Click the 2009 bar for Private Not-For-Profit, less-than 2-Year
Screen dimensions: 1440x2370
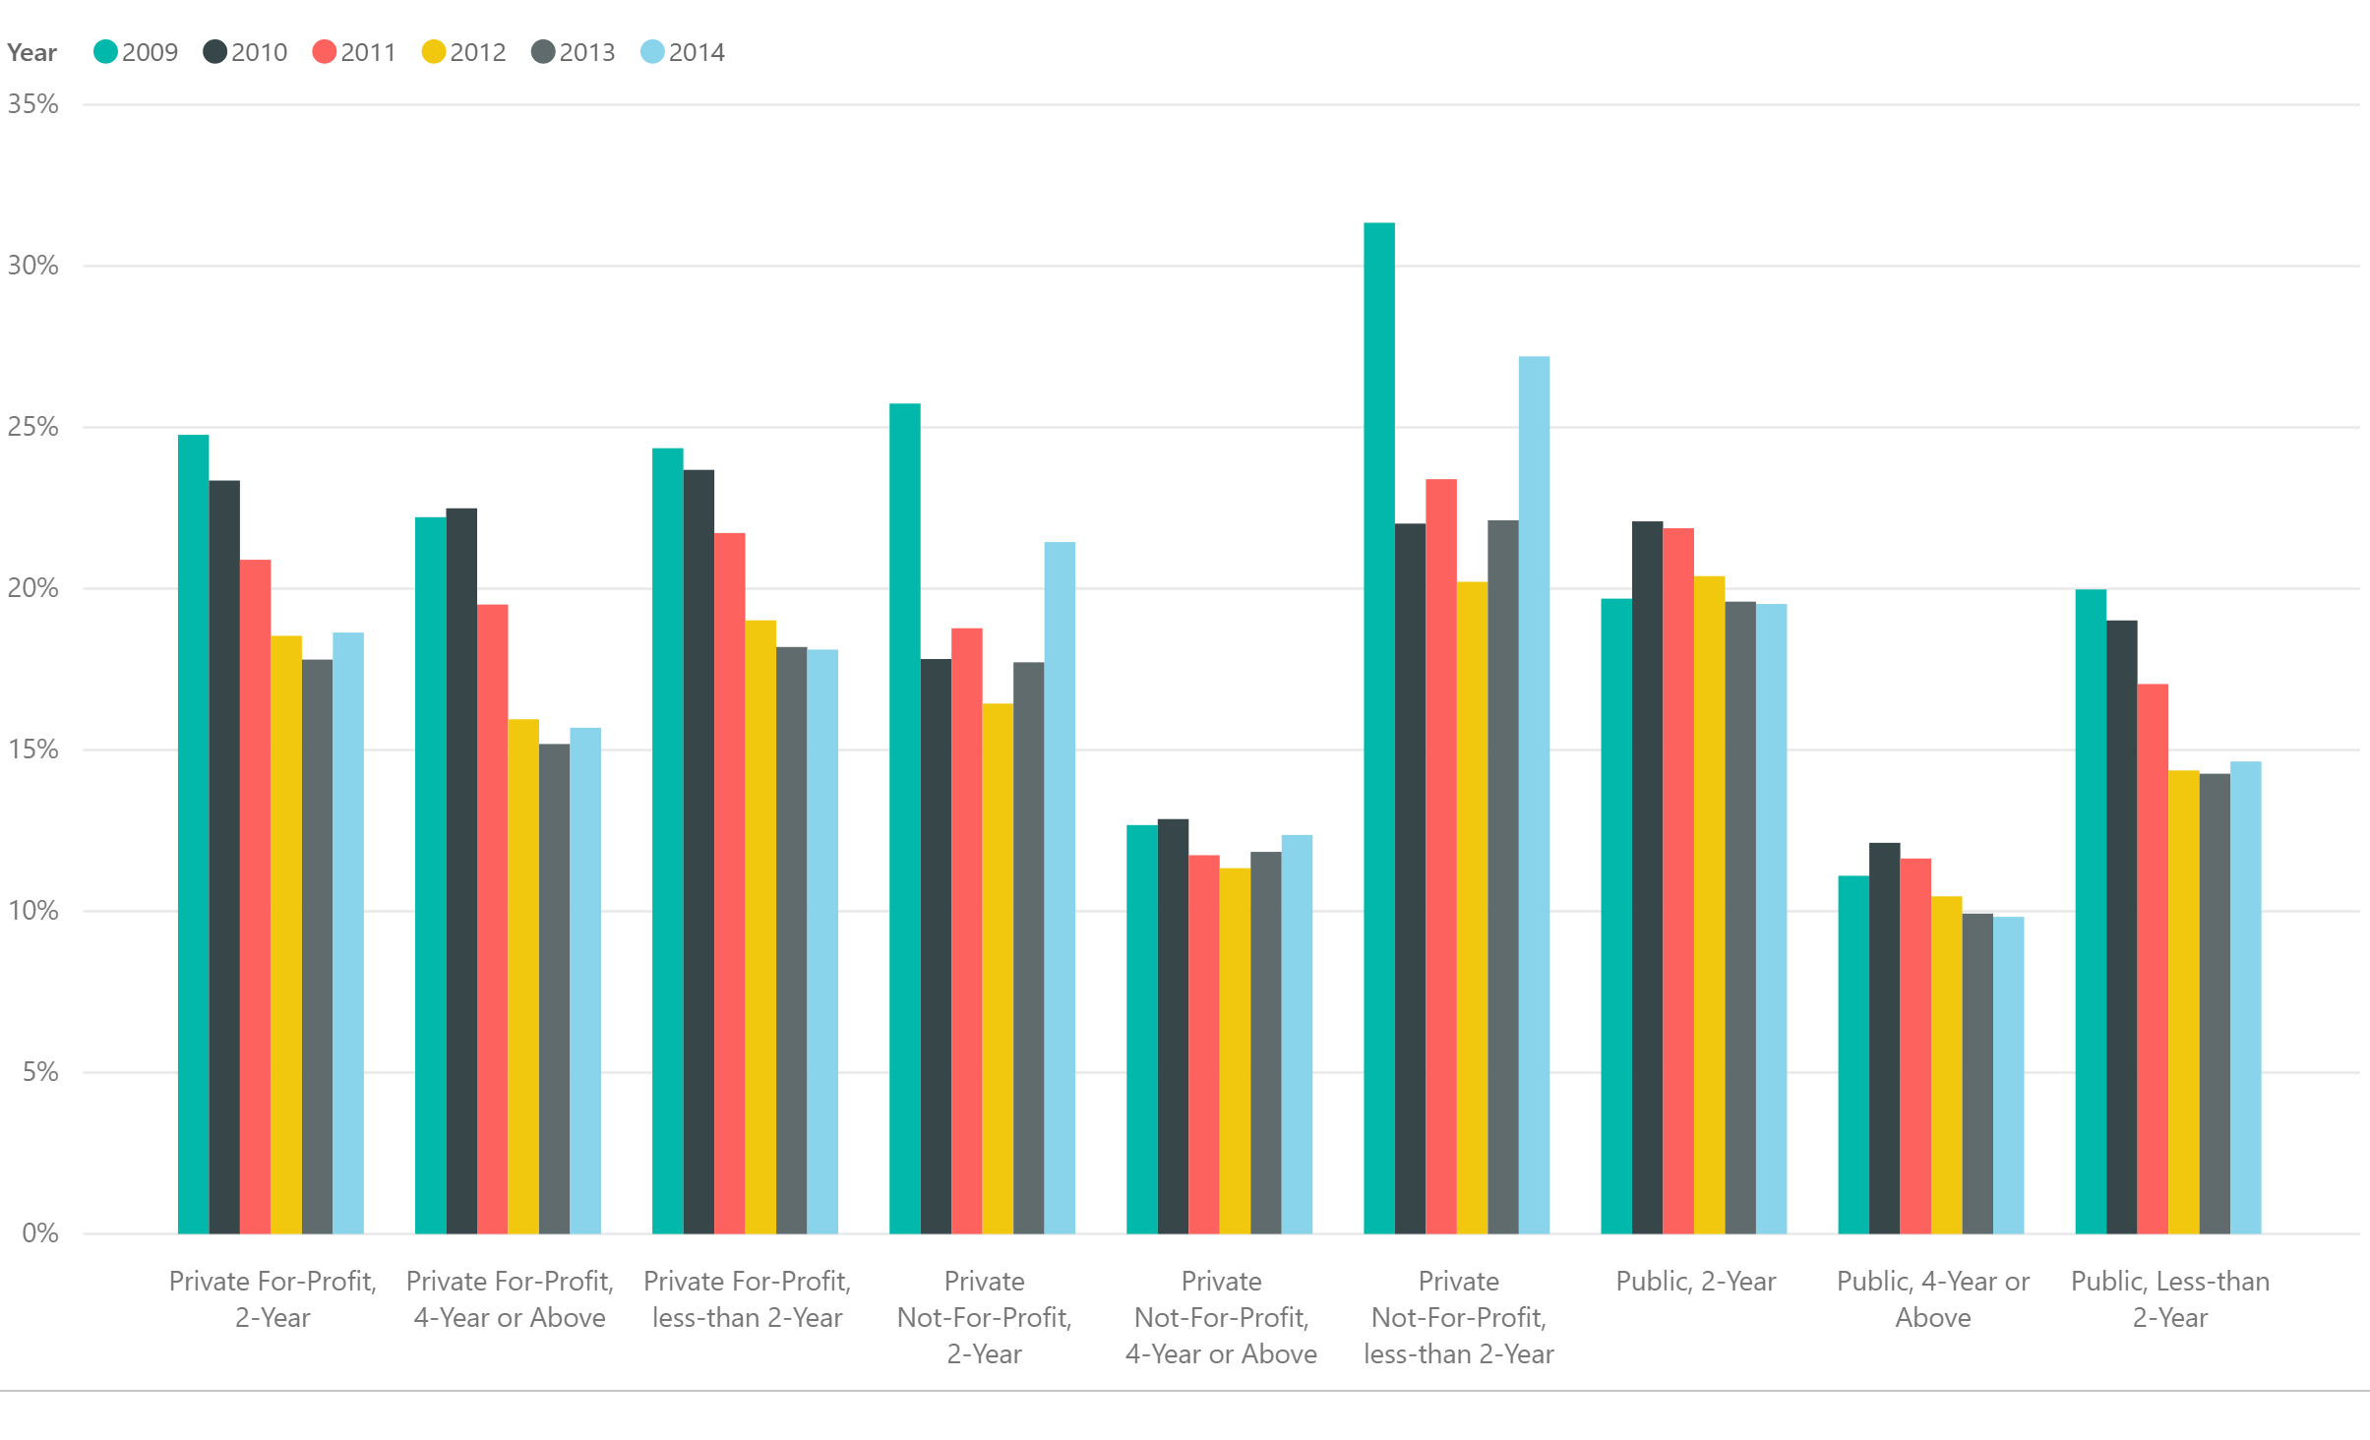1378,728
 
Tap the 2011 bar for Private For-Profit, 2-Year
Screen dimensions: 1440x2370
255,896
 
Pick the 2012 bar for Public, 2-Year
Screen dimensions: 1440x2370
1709,905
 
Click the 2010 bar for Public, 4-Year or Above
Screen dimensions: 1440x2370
1884,1038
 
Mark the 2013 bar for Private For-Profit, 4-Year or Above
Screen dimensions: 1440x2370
554,989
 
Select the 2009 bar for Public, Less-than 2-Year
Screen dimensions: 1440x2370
2091,911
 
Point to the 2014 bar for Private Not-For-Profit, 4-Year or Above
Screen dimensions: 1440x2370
1297,1034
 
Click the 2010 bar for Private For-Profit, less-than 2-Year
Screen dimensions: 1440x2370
699,852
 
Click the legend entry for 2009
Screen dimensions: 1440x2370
136,52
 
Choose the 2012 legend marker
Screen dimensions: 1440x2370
433,52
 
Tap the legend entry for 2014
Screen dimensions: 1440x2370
683,52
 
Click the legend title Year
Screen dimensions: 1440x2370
31,53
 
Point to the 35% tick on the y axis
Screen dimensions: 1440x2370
33,104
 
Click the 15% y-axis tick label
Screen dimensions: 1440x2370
33,750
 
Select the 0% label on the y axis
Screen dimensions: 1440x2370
39,1233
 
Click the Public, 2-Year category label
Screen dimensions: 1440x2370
1695,1281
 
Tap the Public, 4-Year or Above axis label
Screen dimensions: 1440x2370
1932,1298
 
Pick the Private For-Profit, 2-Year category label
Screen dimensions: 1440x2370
273,1298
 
